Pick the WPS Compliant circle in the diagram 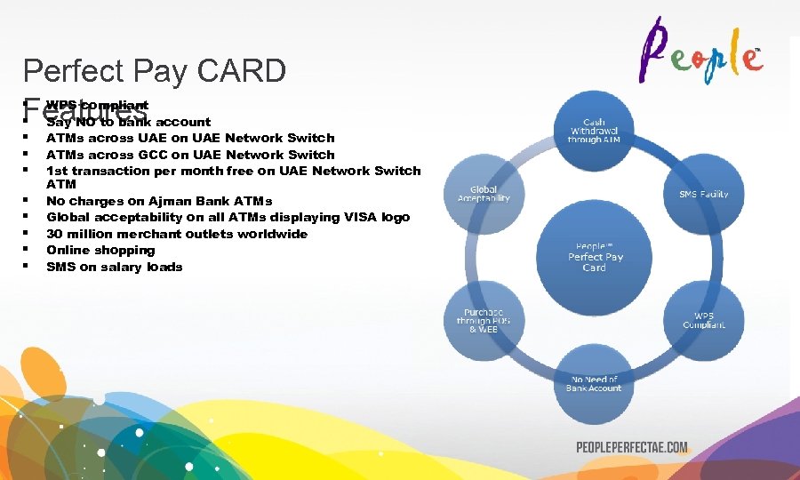click(x=703, y=320)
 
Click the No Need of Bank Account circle click(x=595, y=384)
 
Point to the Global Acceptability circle click(x=484, y=193)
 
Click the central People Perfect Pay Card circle click(x=595, y=257)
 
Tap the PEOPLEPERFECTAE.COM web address click(x=631, y=447)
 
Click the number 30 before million click(x=55, y=234)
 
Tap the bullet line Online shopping click(x=100, y=250)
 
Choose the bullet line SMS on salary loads click(x=114, y=267)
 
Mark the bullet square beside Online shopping click(x=27, y=250)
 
